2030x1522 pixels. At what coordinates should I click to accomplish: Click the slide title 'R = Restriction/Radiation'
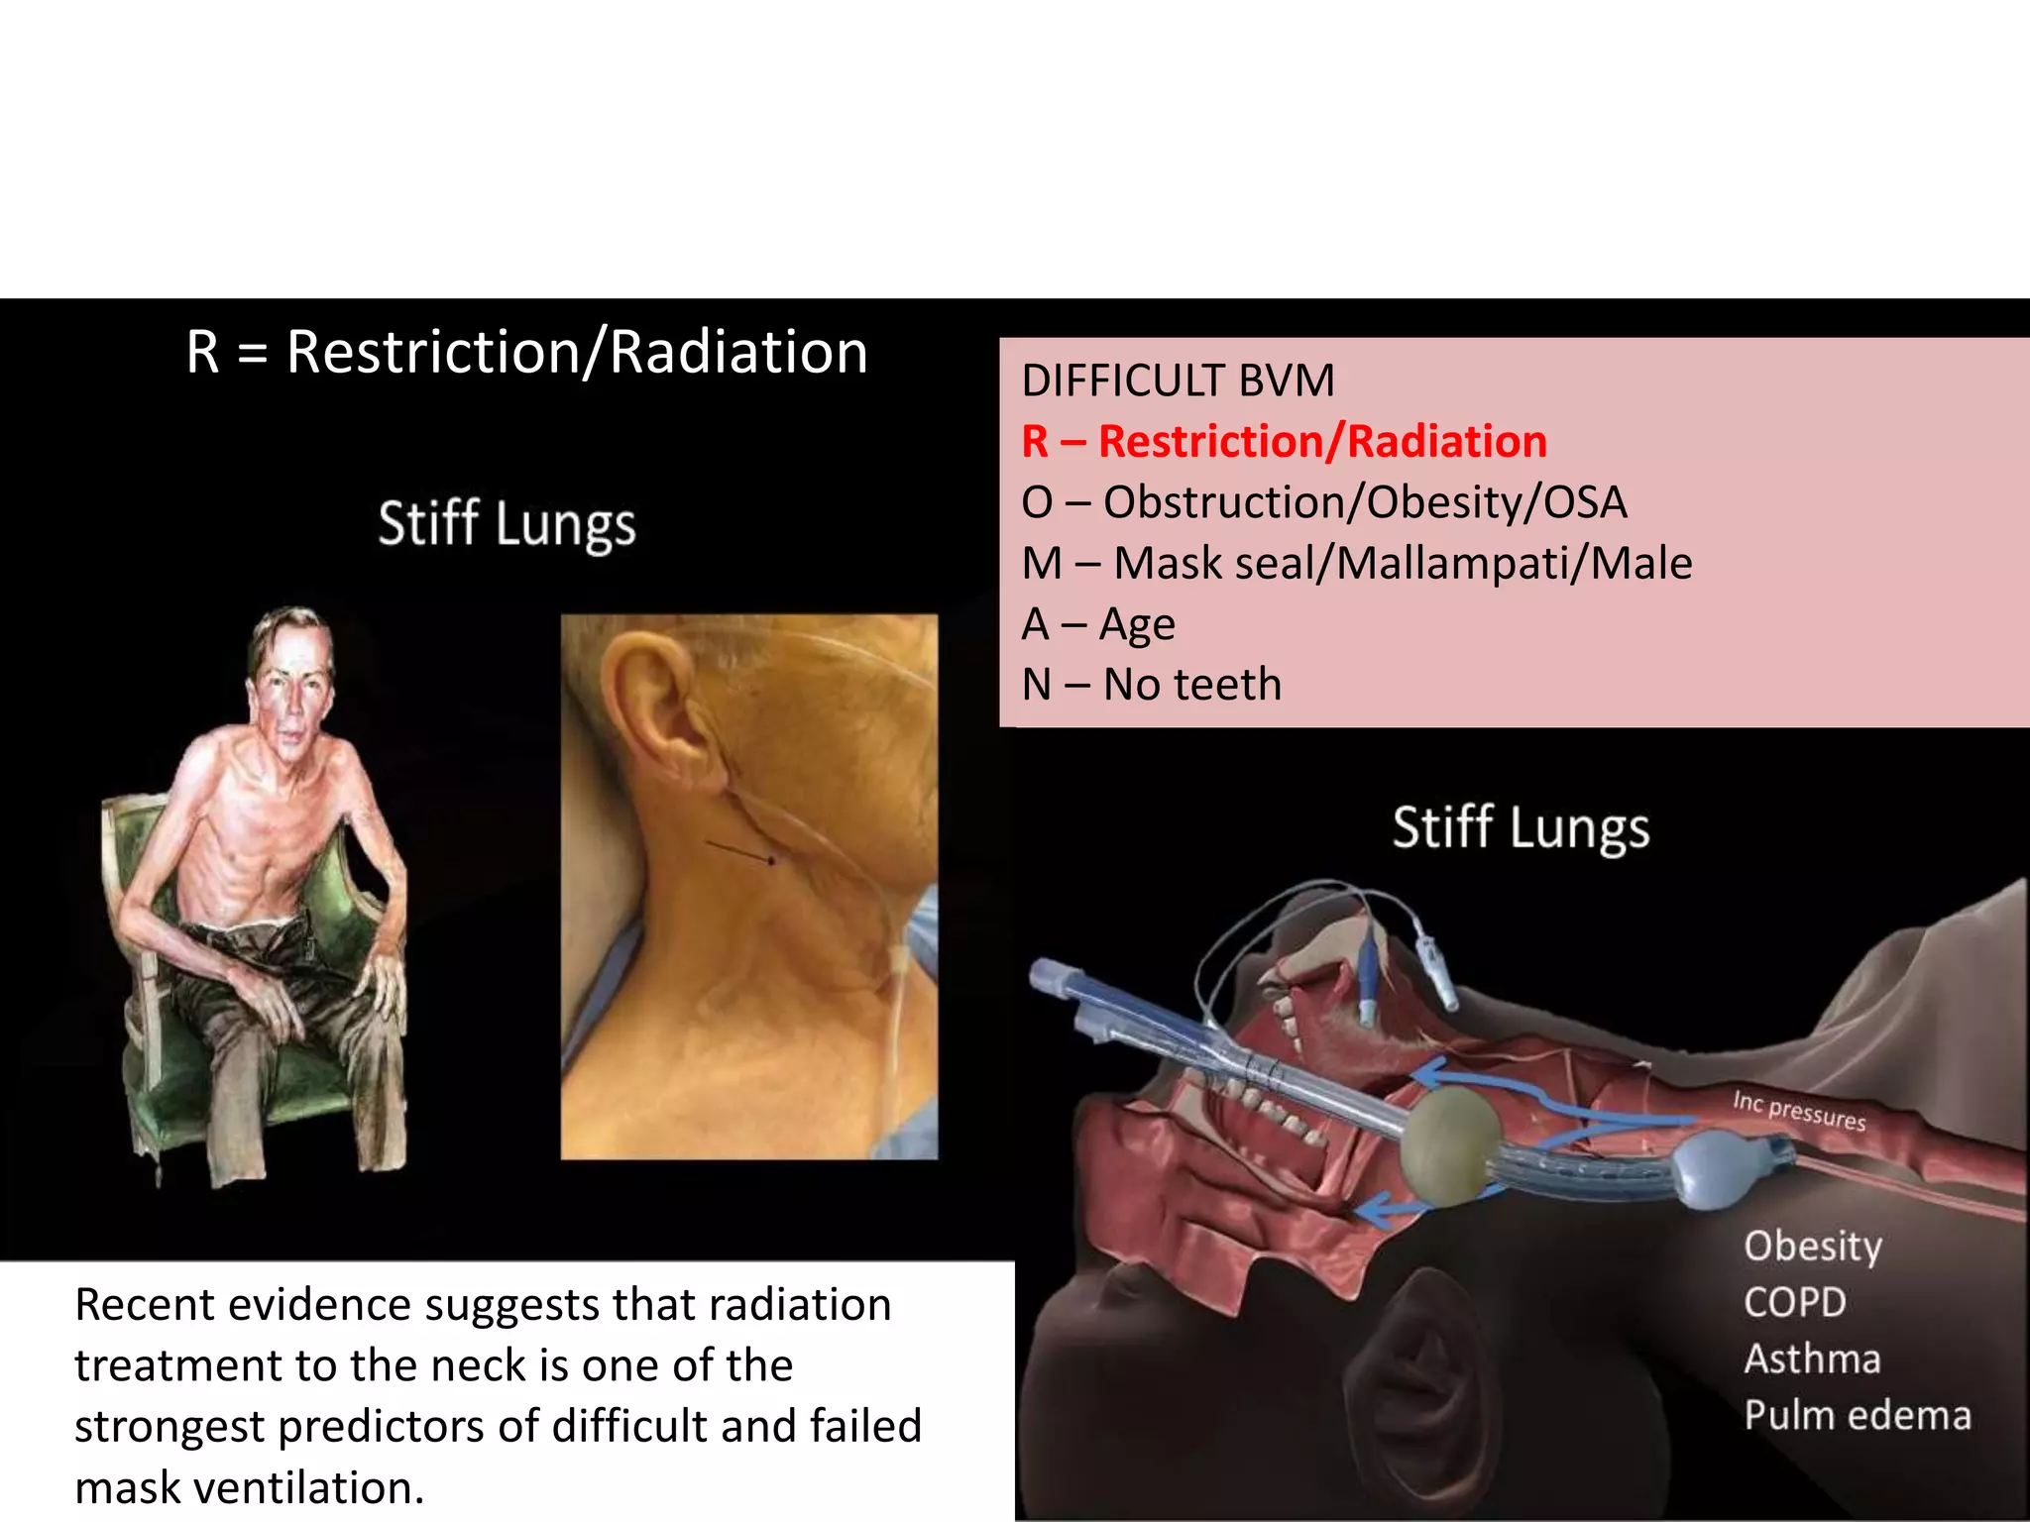point(527,353)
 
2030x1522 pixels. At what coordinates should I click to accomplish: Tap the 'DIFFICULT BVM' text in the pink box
point(1178,381)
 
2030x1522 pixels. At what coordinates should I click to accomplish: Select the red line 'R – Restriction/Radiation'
point(1284,442)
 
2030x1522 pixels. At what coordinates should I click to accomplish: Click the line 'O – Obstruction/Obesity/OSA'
point(1323,502)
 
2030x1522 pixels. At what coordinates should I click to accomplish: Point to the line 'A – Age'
point(1097,624)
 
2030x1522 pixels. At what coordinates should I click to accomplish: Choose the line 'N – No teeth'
point(1151,685)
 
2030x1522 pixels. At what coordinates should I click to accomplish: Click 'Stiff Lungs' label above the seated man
point(507,524)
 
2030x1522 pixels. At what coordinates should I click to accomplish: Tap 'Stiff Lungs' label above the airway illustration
point(1521,827)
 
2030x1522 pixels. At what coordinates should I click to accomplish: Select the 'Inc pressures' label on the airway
point(1798,1111)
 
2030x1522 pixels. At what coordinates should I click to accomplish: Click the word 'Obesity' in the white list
point(1812,1247)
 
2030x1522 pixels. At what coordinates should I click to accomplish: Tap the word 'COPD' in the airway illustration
point(1794,1303)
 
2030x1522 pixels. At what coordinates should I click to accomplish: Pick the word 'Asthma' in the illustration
point(1812,1359)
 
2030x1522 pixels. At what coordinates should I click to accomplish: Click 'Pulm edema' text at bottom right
point(1857,1416)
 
